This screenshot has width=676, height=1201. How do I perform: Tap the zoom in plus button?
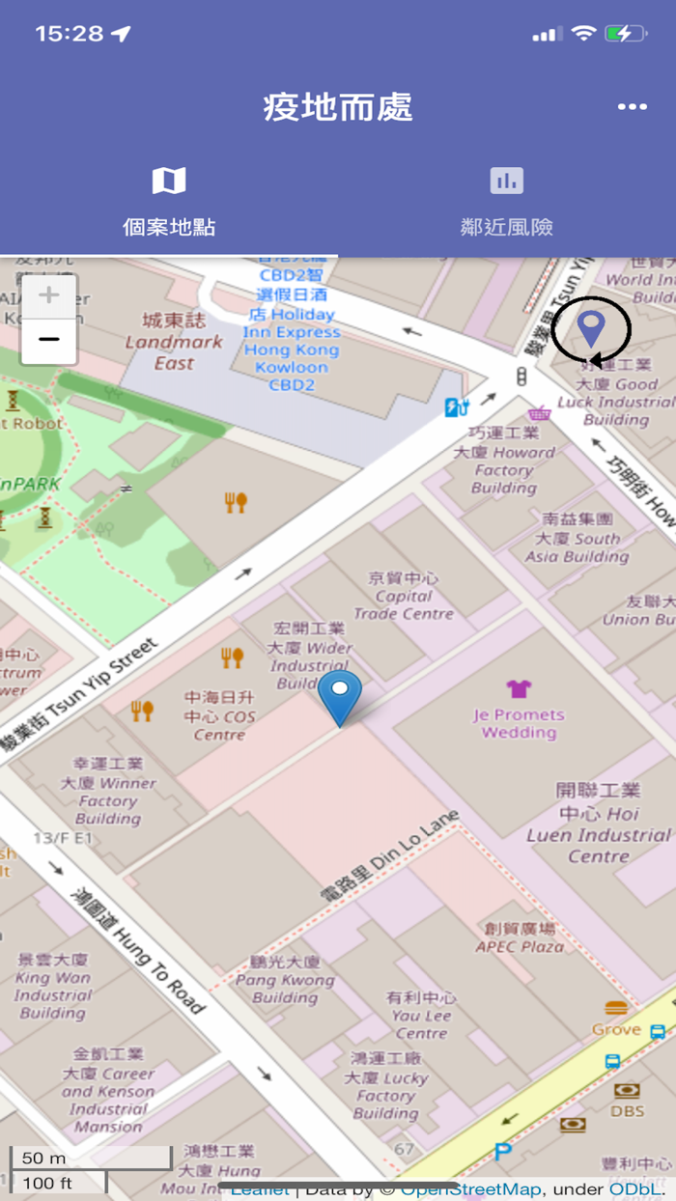point(48,295)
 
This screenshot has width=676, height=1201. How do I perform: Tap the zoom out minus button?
point(48,340)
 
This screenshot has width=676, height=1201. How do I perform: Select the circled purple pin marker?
point(591,328)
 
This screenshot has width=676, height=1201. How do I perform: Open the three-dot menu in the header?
point(632,107)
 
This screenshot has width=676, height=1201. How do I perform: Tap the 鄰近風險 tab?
point(506,203)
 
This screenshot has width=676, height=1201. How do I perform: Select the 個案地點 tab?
point(169,203)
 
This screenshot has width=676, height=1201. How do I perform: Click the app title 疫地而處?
point(338,107)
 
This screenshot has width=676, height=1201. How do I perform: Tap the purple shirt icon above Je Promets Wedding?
point(519,688)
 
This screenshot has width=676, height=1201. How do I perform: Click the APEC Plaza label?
point(520,937)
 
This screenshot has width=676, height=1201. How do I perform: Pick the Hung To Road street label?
point(139,952)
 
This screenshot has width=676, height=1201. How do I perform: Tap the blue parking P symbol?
point(502,1151)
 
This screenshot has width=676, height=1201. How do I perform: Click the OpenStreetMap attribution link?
point(470,1189)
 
